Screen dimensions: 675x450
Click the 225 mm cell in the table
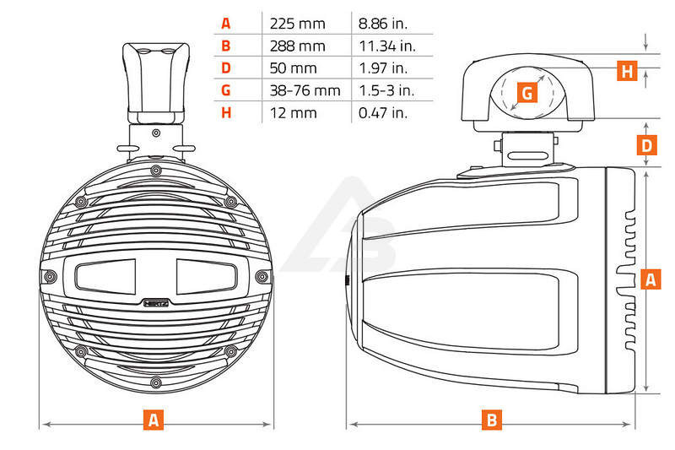point(298,24)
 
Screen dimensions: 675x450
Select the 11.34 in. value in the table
point(387,46)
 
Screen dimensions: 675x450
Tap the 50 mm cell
point(293,68)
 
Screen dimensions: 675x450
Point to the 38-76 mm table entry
point(305,90)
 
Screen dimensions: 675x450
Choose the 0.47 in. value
point(383,113)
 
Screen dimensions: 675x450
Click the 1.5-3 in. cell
point(386,90)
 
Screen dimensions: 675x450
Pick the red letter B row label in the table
point(226,46)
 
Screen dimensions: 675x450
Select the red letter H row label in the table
point(226,113)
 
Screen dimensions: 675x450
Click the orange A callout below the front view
point(154,420)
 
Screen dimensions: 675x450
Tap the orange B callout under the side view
point(492,420)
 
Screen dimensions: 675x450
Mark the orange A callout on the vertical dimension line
point(651,279)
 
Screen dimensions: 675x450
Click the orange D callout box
point(647,145)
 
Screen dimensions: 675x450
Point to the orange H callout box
point(627,71)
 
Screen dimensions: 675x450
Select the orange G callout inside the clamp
point(527,93)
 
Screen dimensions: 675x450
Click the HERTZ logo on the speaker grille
point(156,303)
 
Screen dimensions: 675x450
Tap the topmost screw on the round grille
point(156,171)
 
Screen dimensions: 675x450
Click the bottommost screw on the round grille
point(156,382)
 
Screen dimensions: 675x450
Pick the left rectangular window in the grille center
point(106,276)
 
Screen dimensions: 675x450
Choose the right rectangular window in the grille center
point(207,276)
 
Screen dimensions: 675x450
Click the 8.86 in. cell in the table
point(383,24)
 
